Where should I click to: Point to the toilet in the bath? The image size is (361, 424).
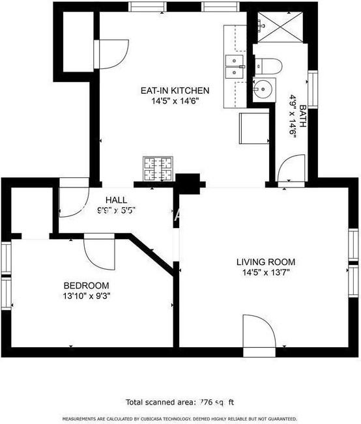tap(267, 66)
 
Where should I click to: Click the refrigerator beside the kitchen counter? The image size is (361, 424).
tap(254, 127)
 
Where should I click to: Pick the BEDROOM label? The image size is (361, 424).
tap(86, 285)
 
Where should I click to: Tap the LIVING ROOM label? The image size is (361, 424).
tap(263, 262)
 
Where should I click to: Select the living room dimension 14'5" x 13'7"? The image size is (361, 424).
tap(263, 273)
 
